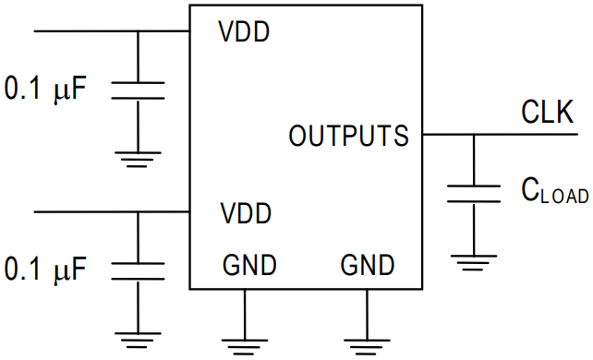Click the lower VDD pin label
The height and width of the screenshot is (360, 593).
tap(245, 214)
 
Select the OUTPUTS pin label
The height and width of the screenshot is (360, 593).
tap(348, 137)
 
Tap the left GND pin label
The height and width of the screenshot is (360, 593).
tap(248, 267)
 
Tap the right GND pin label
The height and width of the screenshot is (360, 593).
tap(367, 267)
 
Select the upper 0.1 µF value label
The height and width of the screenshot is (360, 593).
tap(46, 90)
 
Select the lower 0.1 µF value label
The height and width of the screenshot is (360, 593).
tap(46, 270)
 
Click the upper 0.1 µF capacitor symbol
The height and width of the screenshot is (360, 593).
tap(138, 90)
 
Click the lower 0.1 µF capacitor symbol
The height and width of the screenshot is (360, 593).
tap(138, 270)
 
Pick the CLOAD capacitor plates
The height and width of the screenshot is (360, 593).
tap(473, 193)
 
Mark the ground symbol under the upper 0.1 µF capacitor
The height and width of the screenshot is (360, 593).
tap(138, 159)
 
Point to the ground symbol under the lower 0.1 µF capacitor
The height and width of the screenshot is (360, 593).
tap(138, 338)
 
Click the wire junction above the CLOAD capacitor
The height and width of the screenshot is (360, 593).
tap(473, 136)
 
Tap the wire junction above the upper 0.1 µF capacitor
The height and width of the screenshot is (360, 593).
tap(138, 31)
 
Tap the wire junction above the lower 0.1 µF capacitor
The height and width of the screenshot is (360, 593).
tap(138, 212)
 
